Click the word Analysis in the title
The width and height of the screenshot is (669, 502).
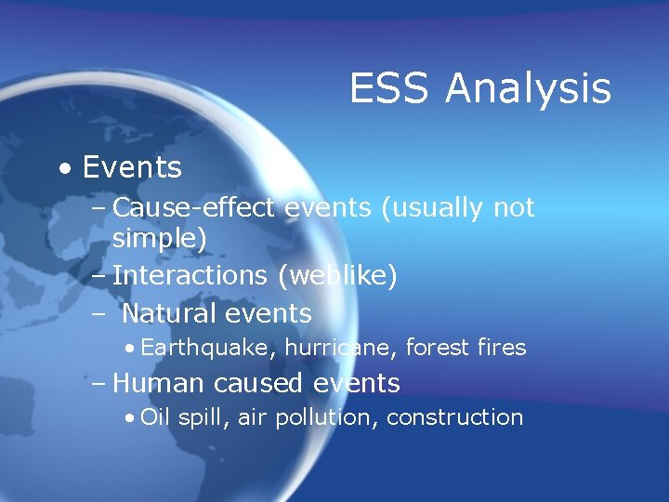coord(528,90)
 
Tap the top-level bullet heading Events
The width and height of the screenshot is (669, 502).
coord(132,168)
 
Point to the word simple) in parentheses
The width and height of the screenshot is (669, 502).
coord(160,240)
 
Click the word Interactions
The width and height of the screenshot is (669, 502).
coord(189,276)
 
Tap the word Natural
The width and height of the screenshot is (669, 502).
coord(170,312)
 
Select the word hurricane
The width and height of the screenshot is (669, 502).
coord(331,349)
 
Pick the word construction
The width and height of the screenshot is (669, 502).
coord(454,417)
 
